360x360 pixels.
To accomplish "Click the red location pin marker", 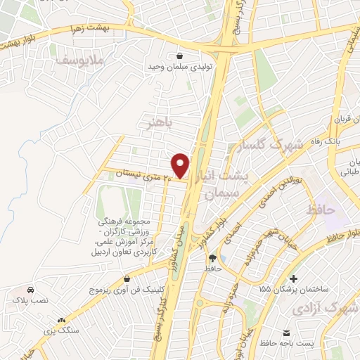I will click(x=181, y=165).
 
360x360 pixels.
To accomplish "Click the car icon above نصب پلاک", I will click(x=30, y=290).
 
